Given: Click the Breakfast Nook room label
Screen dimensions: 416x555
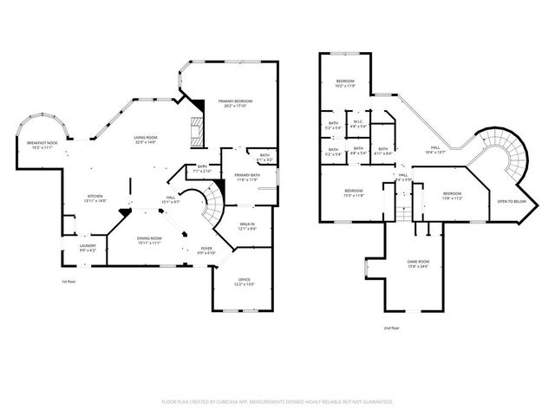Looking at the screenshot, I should pyautogui.click(x=42, y=145).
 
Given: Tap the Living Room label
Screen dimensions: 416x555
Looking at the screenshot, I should pyautogui.click(x=145, y=140).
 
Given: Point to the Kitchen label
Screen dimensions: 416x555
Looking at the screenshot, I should pyautogui.click(x=95, y=198).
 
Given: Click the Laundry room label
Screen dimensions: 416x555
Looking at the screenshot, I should pyautogui.click(x=87, y=248).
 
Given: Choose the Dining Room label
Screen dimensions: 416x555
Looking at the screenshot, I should pyautogui.click(x=149, y=240).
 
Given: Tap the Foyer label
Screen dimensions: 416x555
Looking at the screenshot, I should pyautogui.click(x=206, y=250).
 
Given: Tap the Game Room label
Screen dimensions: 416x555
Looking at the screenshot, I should pyautogui.click(x=419, y=263).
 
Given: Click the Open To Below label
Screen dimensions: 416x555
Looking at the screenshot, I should pyautogui.click(x=512, y=202).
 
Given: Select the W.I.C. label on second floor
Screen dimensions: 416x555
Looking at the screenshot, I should pyautogui.click(x=356, y=123).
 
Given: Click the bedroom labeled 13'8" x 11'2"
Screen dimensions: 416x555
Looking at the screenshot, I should pyautogui.click(x=453, y=196).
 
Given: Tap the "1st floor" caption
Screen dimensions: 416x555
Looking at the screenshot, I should pyautogui.click(x=69, y=283).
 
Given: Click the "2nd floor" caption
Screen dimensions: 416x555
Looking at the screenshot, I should pyautogui.click(x=392, y=328).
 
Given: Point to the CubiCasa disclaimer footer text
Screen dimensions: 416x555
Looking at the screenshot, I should pyautogui.click(x=277, y=402).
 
